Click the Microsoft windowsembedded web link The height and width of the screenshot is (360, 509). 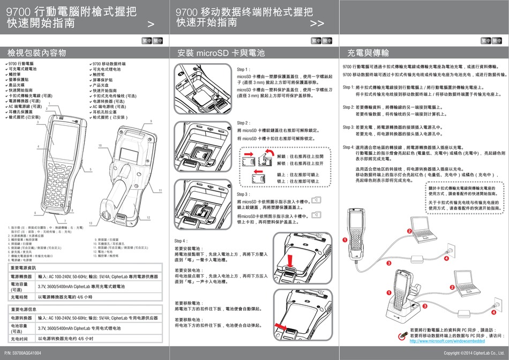[447, 341]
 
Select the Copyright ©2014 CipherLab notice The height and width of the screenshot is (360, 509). [475, 354]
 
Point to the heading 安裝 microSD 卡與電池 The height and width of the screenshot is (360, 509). [221, 52]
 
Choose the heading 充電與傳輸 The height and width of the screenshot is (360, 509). [369, 52]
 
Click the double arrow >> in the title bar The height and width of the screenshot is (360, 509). [317, 24]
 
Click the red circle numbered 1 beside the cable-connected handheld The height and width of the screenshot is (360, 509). [346, 239]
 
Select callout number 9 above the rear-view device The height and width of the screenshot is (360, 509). [151, 122]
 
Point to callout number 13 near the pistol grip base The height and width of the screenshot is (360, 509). [91, 222]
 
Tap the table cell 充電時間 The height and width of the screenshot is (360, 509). [22, 296]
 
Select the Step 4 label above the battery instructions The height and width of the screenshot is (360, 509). [181, 241]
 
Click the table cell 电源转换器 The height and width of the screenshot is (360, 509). [22, 318]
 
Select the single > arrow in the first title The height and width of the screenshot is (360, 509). [151, 24]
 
